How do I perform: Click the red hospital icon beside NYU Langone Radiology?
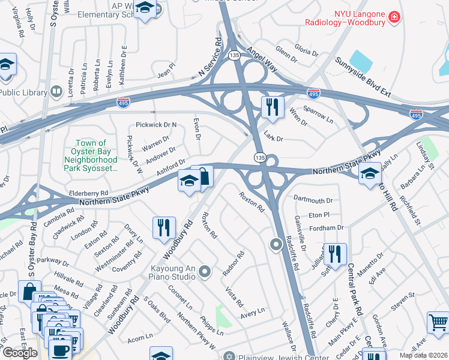tap(394, 17)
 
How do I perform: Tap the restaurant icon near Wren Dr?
tap(273, 107)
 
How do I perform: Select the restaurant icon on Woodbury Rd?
tap(164, 227)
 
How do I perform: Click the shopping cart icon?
tap(438, 322)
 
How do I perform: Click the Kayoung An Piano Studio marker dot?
tap(205, 272)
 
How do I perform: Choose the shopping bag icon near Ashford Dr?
tap(203, 176)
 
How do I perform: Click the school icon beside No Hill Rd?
tap(370, 174)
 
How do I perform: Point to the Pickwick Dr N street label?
tap(157, 125)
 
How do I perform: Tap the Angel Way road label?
tap(261, 60)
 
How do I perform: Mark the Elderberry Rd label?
tap(88, 194)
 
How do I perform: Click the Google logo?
tap(20, 352)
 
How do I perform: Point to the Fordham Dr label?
tap(326, 228)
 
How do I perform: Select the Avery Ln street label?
tap(252, 311)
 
